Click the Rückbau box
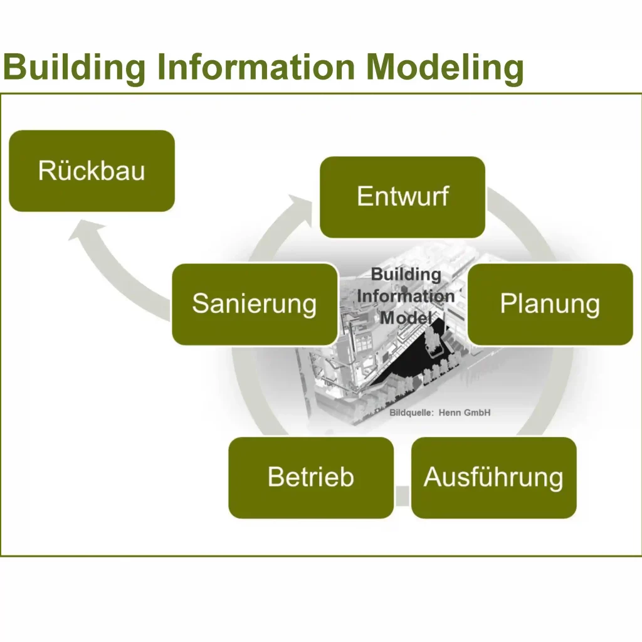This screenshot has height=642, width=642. point(92,171)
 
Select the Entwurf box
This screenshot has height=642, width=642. point(403,197)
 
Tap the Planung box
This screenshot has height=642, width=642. point(550,304)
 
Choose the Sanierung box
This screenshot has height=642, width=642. point(255,304)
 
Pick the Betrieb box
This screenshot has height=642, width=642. point(311,477)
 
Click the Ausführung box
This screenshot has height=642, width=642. point(493,477)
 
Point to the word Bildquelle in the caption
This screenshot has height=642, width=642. point(411,413)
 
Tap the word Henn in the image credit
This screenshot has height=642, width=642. point(451,413)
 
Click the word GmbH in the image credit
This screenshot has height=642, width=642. point(478,413)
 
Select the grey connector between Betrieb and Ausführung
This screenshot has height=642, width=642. point(402,495)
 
